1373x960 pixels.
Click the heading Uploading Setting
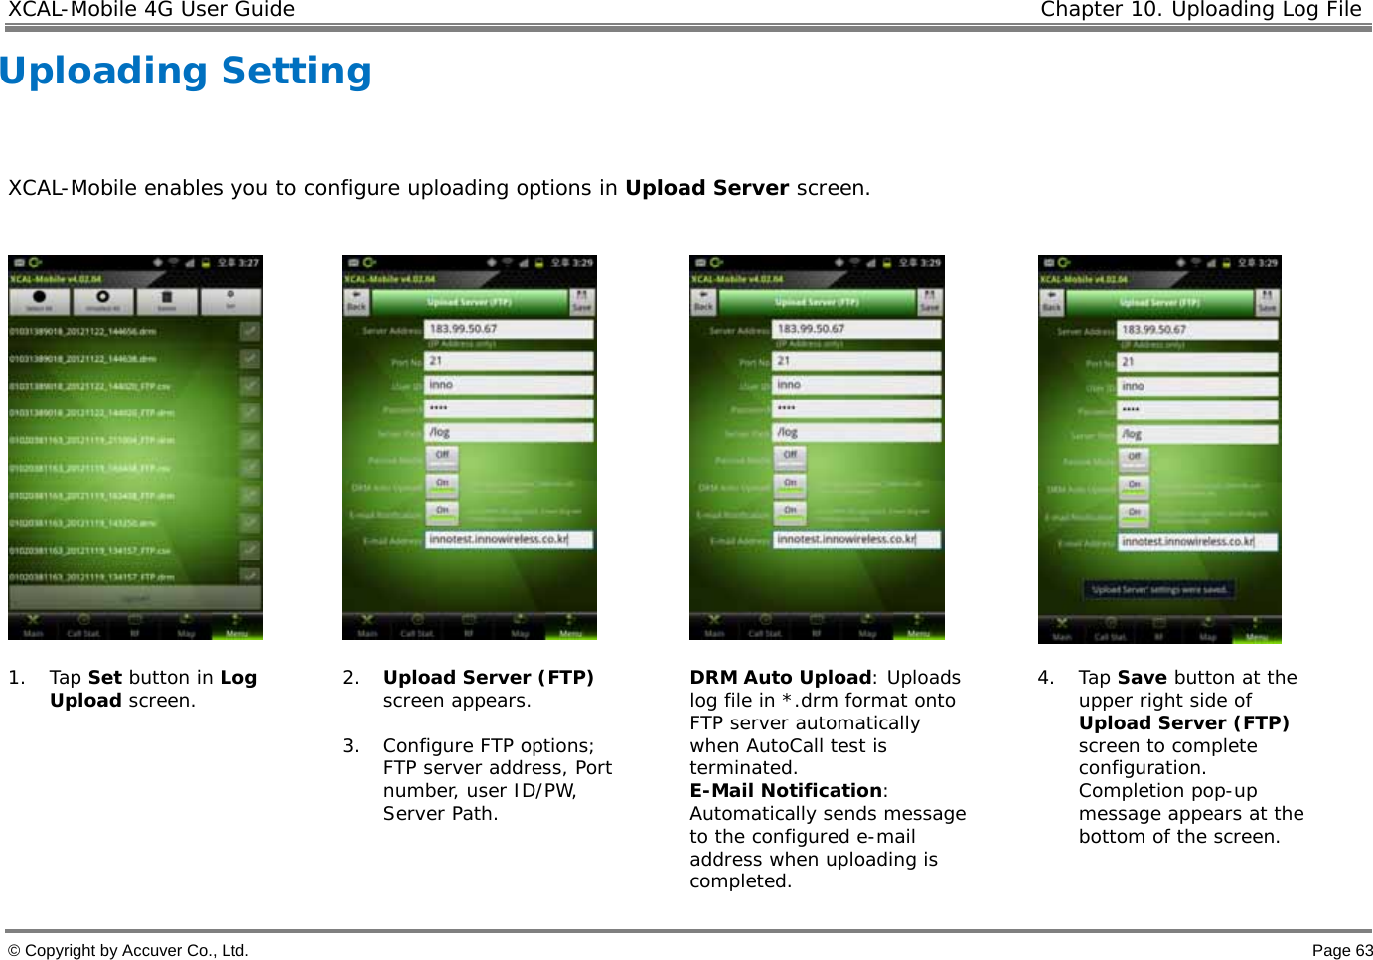coord(186,72)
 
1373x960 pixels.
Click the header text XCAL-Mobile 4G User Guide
coord(151,10)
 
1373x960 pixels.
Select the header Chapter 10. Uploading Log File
coord(1200,10)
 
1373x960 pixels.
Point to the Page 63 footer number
coord(1341,950)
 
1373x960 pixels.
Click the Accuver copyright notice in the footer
coord(128,950)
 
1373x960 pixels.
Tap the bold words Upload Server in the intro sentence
coord(706,188)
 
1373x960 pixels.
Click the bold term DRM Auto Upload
coord(780,678)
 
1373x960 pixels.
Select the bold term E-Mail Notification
coord(786,791)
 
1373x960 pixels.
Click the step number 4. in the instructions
coord(1045,678)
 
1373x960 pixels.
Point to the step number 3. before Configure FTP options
coord(350,746)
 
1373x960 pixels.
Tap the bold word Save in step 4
coord(1142,678)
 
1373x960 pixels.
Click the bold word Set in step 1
coord(105,678)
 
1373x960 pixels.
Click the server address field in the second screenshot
coord(509,329)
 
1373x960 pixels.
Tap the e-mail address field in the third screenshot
coord(856,539)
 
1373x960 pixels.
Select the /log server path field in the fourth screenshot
coord(1197,434)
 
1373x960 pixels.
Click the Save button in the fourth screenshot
coord(1267,301)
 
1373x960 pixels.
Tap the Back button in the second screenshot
coord(356,301)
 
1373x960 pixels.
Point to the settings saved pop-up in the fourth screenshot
coord(1159,590)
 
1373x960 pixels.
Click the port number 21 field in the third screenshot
coord(856,360)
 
